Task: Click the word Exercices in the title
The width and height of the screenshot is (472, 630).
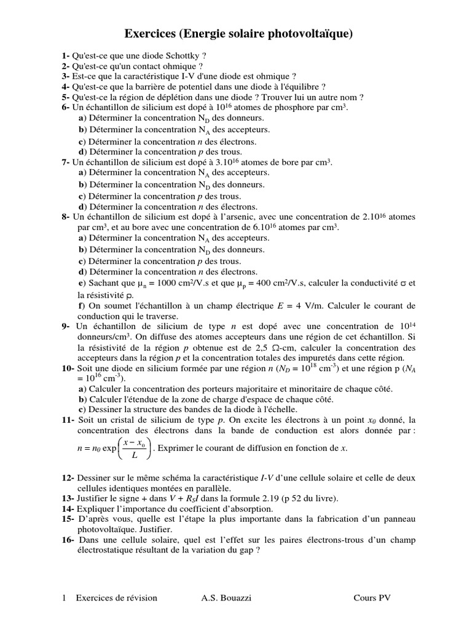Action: (151, 34)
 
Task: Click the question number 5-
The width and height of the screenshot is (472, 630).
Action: (65, 97)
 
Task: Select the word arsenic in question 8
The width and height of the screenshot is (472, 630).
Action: (245, 217)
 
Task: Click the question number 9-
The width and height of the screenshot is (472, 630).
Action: (66, 327)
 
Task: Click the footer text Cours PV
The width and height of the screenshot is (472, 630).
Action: (372, 598)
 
